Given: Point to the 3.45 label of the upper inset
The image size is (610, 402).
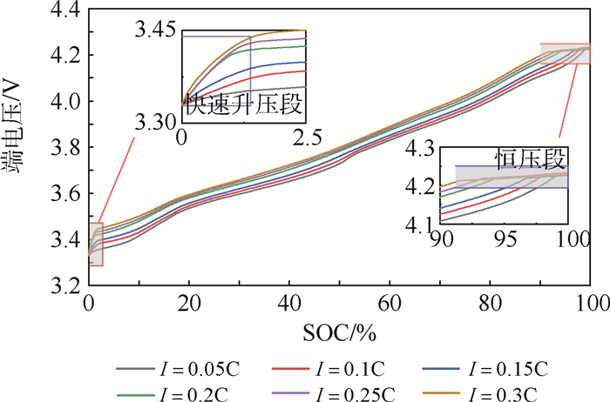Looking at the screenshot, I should pyautogui.click(x=155, y=31).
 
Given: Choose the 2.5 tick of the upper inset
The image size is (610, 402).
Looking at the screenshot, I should pyautogui.click(x=305, y=137).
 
